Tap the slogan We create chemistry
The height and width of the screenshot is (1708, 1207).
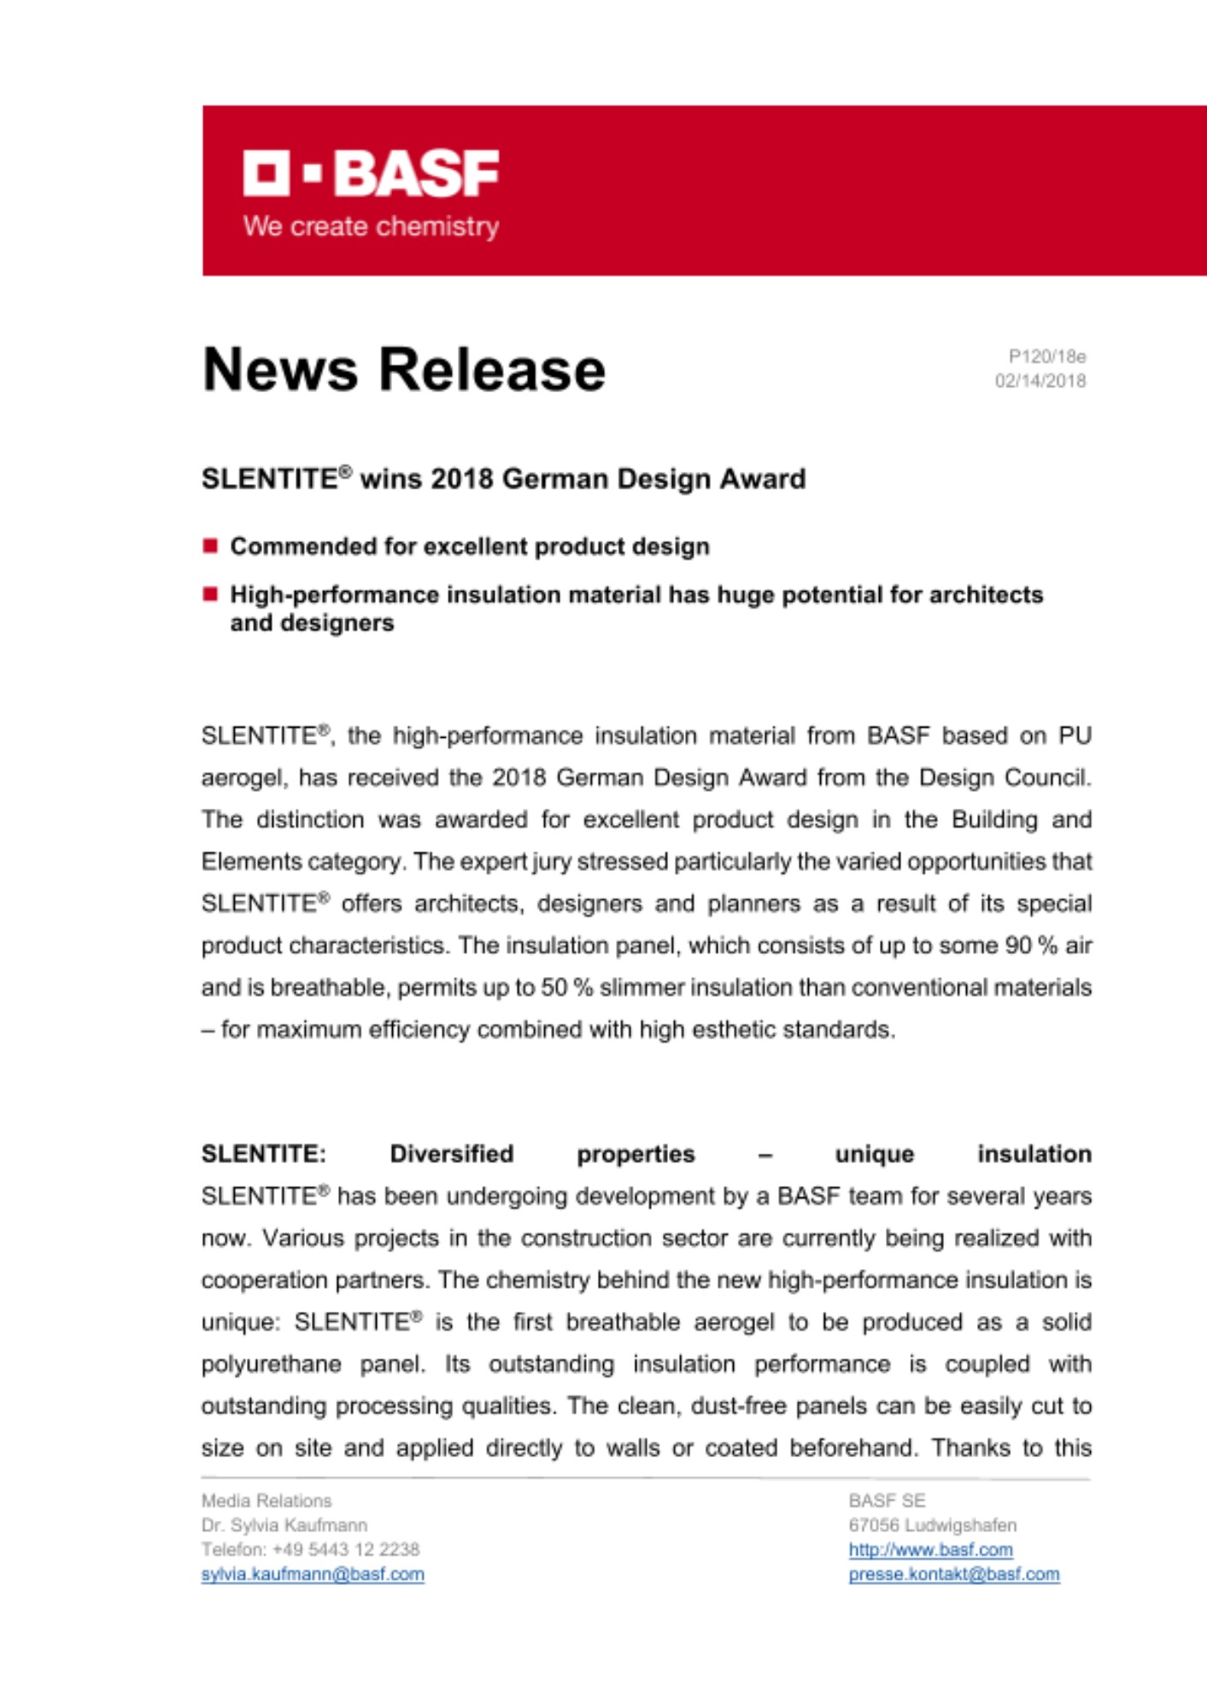371,226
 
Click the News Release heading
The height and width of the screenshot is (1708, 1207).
403,370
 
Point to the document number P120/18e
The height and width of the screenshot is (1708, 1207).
1046,356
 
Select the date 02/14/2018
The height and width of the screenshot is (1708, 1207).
1040,381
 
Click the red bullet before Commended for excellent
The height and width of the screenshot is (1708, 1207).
210,546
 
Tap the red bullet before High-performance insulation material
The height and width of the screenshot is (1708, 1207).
210,594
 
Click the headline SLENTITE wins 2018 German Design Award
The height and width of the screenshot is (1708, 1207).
503,478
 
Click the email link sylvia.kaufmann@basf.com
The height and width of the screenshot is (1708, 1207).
313,1574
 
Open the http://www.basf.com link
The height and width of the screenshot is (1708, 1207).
930,1549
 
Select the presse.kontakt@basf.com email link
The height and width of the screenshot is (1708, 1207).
953,1574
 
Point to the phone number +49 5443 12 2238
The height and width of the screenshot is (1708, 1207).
346,1549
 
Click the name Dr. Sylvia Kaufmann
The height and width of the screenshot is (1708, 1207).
284,1525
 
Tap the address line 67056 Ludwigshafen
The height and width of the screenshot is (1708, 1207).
932,1525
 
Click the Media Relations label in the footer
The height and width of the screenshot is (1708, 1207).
267,1500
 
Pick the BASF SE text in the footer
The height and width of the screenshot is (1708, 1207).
887,1500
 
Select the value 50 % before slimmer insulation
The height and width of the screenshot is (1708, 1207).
566,987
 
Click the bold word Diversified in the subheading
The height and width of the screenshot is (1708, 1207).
451,1154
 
